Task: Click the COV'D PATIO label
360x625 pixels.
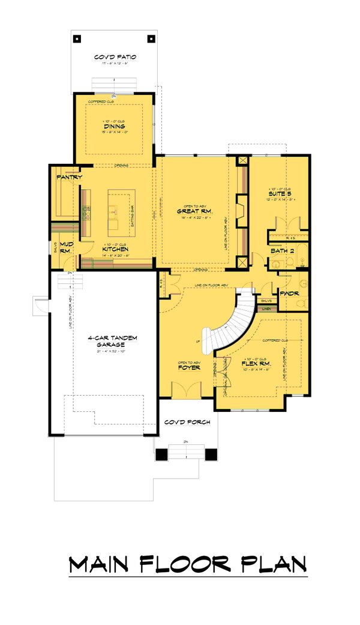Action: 115,57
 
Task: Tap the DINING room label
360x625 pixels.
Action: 114,127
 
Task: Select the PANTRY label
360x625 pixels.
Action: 69,178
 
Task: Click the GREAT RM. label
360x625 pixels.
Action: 192,212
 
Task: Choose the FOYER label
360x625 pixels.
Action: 188,367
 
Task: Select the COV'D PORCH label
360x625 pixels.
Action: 187,422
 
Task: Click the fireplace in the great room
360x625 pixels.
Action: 241,210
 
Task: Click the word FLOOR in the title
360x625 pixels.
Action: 187,564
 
